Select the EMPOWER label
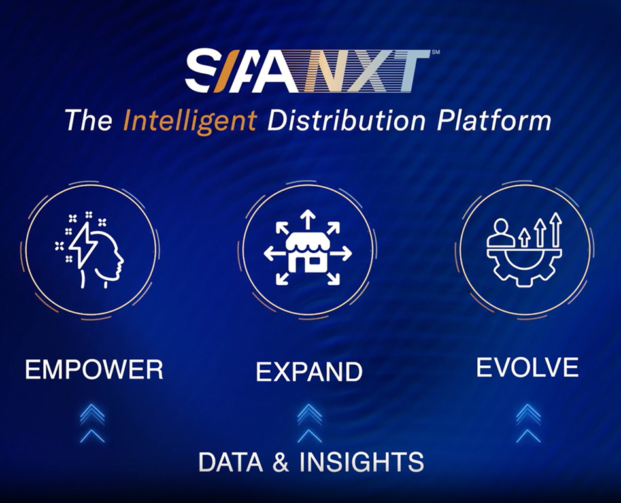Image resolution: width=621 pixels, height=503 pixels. (x=94, y=370)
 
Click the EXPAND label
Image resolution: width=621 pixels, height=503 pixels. (x=309, y=372)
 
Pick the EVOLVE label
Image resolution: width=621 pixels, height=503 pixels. (x=527, y=367)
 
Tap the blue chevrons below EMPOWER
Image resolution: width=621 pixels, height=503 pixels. (x=93, y=422)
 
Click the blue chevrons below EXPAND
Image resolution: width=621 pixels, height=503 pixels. (x=309, y=422)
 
